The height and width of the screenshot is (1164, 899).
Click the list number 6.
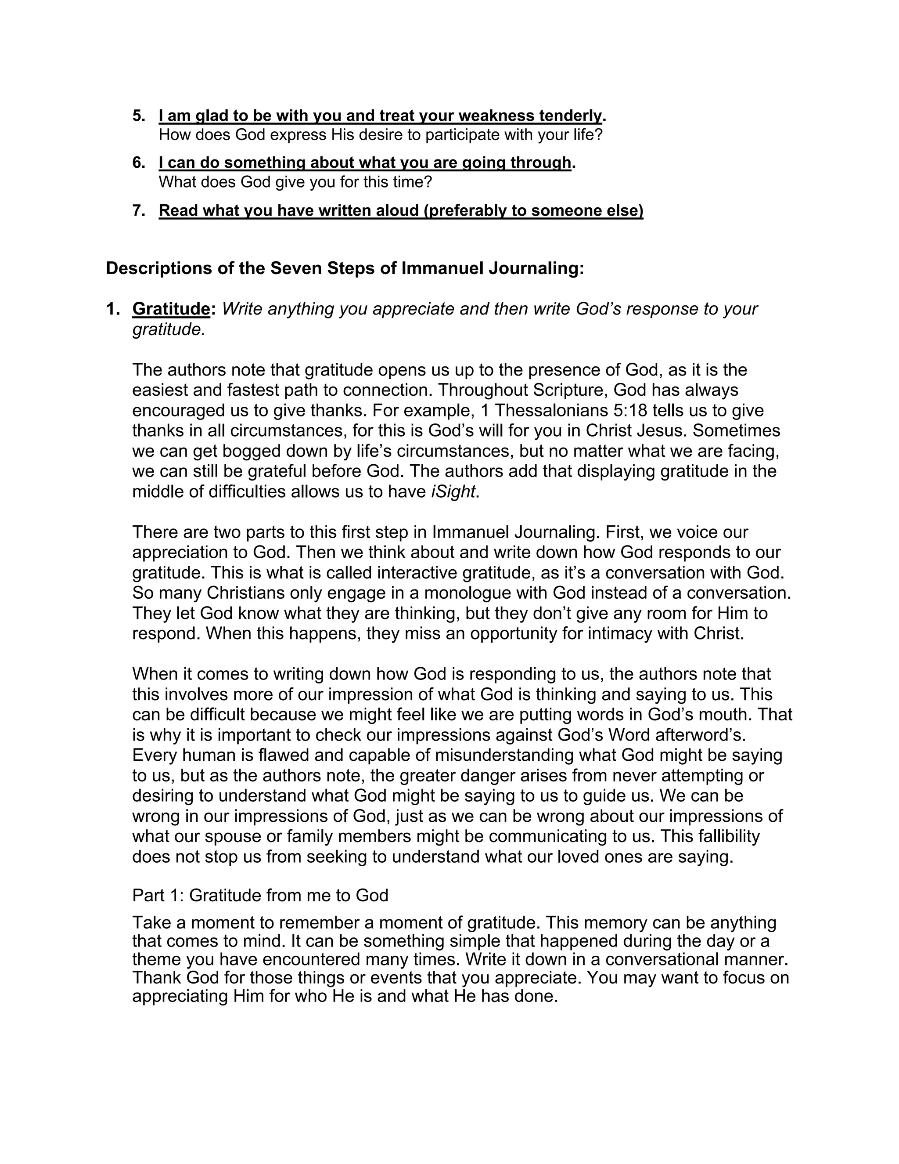[138, 163]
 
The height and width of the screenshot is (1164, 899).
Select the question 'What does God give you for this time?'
[295, 182]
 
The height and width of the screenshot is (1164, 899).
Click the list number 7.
[138, 210]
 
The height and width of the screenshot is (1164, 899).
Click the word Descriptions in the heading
[158, 268]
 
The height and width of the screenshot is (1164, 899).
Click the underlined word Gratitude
[171, 309]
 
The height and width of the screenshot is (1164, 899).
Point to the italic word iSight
[453, 492]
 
